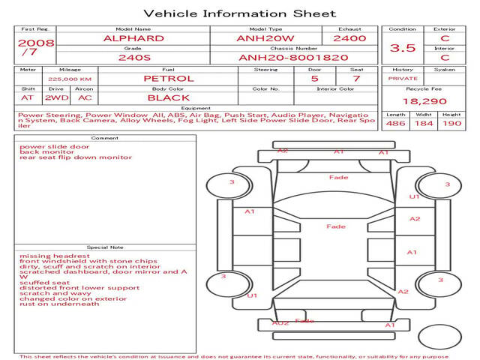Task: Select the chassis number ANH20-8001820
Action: coord(293,58)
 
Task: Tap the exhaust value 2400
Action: coord(349,38)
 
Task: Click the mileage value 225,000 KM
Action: coord(70,79)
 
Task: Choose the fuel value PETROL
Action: coord(169,78)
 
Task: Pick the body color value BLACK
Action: coord(169,97)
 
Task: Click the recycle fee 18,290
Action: coord(424,101)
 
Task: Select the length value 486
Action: coord(395,123)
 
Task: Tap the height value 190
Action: coord(451,123)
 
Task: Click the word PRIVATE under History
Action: coord(403,78)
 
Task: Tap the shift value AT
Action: coord(28,97)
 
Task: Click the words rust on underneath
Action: coord(59,304)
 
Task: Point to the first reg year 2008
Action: coord(36,43)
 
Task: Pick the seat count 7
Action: coord(357,78)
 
